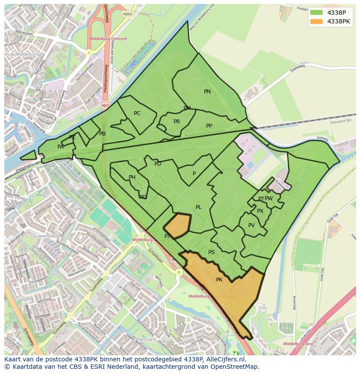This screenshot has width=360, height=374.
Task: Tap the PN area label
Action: coord(207,92)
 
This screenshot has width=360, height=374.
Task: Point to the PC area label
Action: coord(137,113)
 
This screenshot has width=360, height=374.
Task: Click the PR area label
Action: coord(177,122)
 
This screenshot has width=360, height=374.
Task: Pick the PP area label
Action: coord(209,126)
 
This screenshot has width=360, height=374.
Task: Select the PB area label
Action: coord(102,134)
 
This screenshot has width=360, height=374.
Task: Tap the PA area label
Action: coord(60,147)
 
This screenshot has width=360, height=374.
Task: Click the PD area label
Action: coord(158,164)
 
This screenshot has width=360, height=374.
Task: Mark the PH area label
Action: coord(132,177)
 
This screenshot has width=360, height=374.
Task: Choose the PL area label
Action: coord(198,207)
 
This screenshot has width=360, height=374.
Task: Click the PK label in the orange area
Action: coord(219,280)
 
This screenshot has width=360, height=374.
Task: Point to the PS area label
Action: coord(211,252)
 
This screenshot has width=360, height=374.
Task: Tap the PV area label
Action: coord(251,225)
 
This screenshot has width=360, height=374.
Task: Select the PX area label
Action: coord(260,211)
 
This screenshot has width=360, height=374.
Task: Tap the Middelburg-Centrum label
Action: coord(108,39)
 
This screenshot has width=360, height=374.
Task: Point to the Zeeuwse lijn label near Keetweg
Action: coord(340,122)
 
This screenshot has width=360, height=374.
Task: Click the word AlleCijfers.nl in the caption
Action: coord(227,360)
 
